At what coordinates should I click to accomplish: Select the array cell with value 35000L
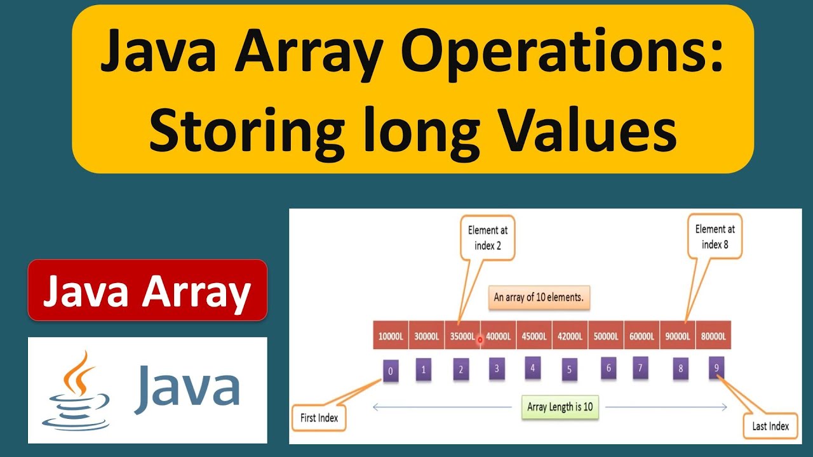click(x=462, y=336)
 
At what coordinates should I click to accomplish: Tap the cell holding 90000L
click(x=678, y=336)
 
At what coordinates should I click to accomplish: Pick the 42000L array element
click(x=570, y=336)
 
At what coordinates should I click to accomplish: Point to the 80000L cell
click(x=713, y=336)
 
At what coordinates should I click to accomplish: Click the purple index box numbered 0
click(x=391, y=369)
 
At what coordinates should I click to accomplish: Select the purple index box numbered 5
click(x=570, y=369)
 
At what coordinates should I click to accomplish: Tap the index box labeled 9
click(x=716, y=368)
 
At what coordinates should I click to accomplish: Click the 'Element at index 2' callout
click(x=488, y=237)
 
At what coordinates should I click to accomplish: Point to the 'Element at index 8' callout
click(x=715, y=237)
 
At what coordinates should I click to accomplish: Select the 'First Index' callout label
click(x=319, y=418)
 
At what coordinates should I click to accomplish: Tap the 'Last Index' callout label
click(x=770, y=426)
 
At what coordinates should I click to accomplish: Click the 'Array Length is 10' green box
click(x=560, y=407)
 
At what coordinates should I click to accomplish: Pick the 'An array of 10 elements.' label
click(x=538, y=296)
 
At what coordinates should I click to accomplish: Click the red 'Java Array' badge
click(x=147, y=291)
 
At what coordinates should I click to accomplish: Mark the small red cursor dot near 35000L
click(x=480, y=340)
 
